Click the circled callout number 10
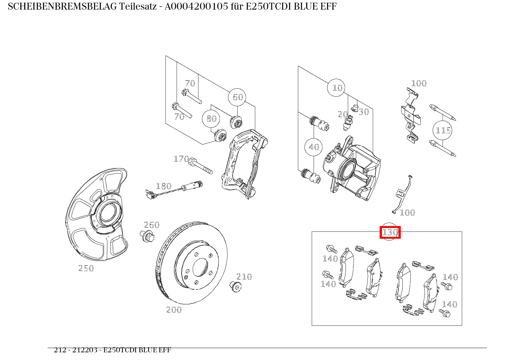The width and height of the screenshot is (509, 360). [337, 88]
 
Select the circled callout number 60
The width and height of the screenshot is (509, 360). [238, 97]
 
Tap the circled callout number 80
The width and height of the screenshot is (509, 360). [212, 119]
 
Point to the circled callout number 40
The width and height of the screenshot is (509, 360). [314, 147]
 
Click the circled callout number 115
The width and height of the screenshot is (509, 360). [443, 130]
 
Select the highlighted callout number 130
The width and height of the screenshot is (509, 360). [390, 233]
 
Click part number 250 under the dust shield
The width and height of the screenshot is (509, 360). [86, 269]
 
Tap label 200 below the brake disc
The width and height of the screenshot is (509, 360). [174, 310]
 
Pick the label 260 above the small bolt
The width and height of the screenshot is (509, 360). [151, 225]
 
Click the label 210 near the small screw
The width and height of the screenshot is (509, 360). [244, 277]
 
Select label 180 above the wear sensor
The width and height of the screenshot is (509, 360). [163, 187]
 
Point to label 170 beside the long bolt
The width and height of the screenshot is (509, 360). [181, 159]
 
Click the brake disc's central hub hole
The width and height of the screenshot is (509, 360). [200, 267]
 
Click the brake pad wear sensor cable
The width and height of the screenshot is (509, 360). [169, 192]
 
